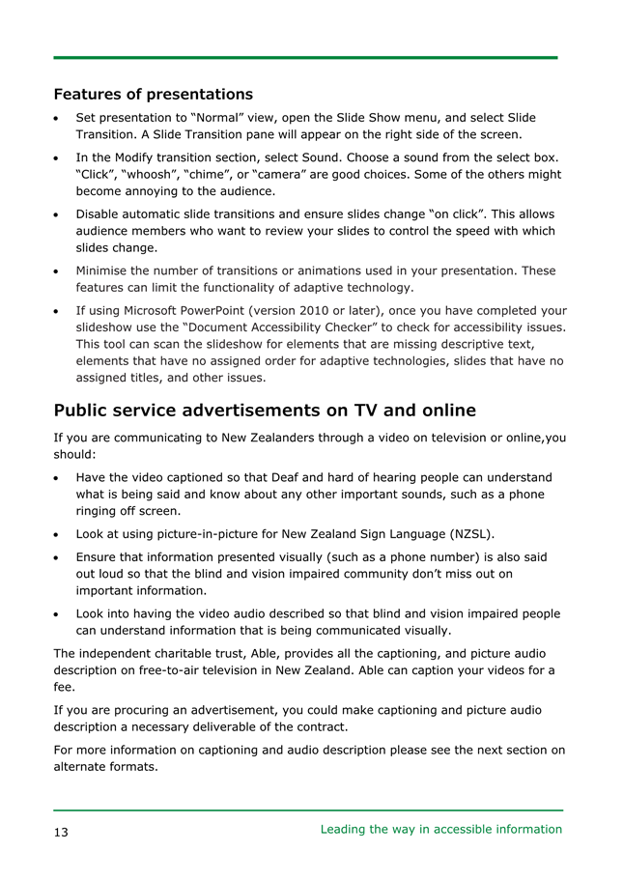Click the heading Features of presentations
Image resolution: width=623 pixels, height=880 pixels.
tap(154, 95)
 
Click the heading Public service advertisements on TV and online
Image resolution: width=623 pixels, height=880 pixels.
tap(265, 410)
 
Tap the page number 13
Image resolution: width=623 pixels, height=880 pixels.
tap(61, 831)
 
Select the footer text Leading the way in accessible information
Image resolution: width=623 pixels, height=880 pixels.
tap(440, 829)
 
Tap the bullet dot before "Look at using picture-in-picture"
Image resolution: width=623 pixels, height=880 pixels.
tap(60, 534)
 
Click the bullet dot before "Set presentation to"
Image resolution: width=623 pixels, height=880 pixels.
tap(60, 118)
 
